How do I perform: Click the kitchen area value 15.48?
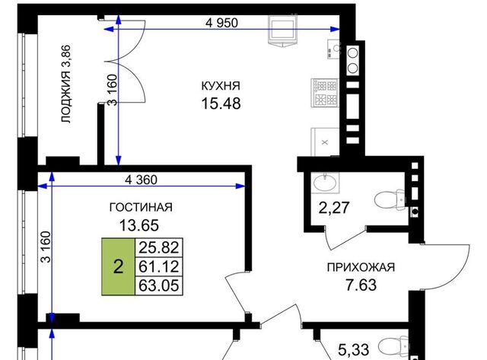pos(221,103)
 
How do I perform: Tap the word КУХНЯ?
pos(221,86)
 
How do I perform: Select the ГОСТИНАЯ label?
pos(141,207)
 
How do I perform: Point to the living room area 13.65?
pos(139,225)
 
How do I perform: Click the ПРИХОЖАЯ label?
pos(361,267)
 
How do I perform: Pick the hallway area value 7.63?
pos(361,285)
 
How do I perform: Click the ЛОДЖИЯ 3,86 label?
pos(66,84)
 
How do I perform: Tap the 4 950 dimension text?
pos(221,23)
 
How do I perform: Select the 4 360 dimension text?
pos(141,180)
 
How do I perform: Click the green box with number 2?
pos(119,266)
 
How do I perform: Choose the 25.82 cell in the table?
pos(159,247)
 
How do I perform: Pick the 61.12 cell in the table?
pos(159,266)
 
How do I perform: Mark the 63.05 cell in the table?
pos(159,285)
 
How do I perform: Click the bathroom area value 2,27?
pos(334,208)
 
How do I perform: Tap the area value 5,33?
pos(353,350)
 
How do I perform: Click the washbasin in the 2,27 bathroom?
pos(326,183)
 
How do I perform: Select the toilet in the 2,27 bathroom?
pos(390,199)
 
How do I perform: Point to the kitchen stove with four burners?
pos(325,93)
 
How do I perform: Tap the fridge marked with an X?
pos(325,142)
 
